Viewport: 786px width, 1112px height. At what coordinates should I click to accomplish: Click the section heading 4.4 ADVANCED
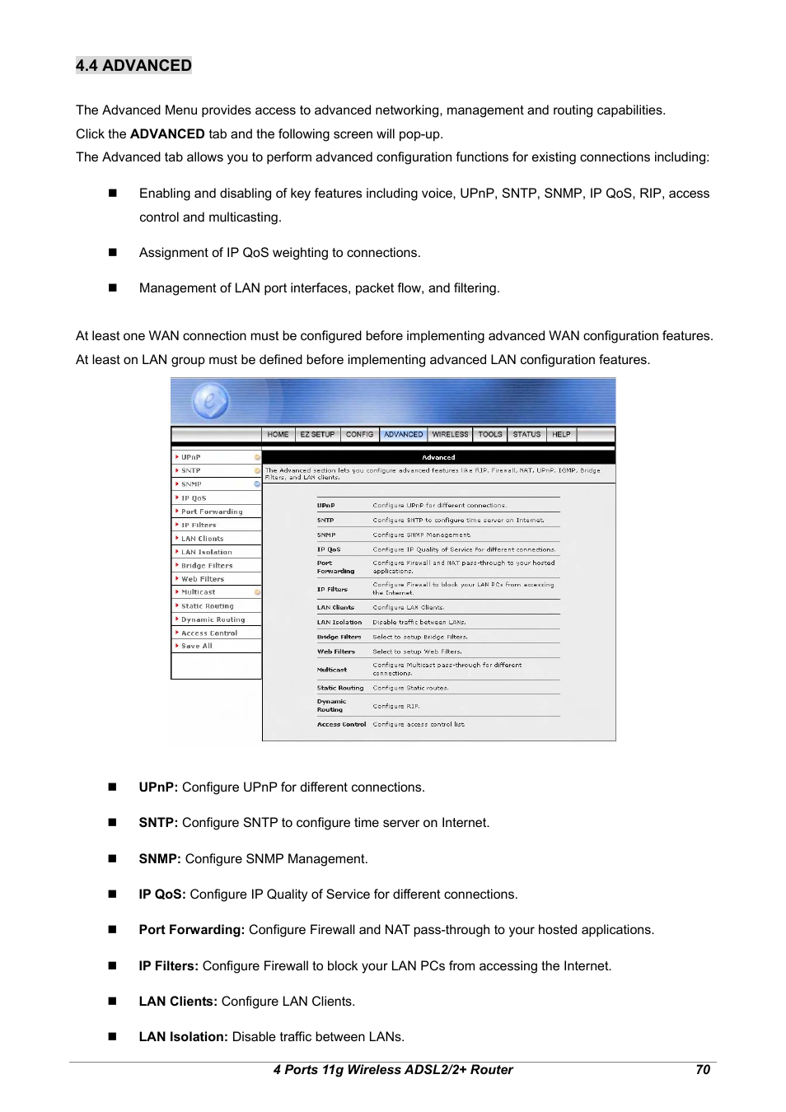click(133, 66)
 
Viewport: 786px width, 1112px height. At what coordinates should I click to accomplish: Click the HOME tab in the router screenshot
click(278, 434)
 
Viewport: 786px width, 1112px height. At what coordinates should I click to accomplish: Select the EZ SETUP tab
click(317, 434)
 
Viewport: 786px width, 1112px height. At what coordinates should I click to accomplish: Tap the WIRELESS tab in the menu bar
click(450, 434)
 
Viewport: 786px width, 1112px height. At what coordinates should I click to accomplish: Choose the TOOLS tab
click(490, 434)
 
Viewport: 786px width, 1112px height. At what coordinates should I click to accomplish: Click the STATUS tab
click(526, 434)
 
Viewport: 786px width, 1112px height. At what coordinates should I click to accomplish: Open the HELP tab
click(561, 434)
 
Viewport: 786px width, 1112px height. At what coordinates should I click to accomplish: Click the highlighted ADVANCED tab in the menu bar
click(404, 434)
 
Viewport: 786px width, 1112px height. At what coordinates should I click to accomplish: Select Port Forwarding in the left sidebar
click(212, 512)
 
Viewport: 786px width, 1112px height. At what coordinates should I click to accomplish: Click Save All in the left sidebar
click(197, 646)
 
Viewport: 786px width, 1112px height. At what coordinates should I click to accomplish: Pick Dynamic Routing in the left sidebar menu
click(213, 619)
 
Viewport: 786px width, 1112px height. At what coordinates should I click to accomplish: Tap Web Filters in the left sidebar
click(202, 579)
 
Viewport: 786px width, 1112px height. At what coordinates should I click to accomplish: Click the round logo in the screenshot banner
click(210, 402)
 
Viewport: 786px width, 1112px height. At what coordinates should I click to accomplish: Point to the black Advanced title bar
click(438, 457)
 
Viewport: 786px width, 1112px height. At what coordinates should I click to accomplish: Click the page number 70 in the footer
click(702, 1069)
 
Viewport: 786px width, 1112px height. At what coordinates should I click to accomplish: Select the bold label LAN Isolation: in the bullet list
click(183, 1037)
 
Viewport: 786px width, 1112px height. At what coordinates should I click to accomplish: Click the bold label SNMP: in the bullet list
click(160, 858)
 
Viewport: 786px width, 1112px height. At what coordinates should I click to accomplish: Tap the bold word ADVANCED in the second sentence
click(167, 133)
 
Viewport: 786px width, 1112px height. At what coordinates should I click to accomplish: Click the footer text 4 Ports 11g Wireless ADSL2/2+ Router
click(393, 1069)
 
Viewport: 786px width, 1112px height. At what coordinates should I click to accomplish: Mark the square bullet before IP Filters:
click(113, 965)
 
